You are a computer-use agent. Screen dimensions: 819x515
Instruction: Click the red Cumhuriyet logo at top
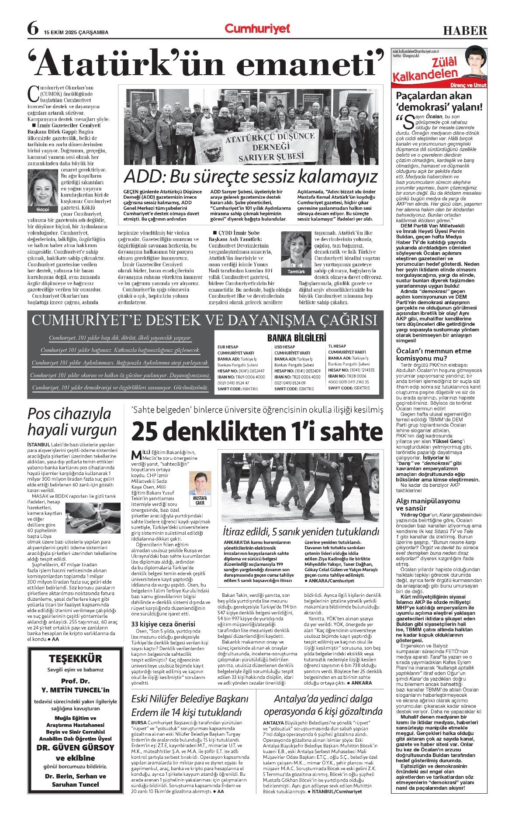pyautogui.click(x=257, y=29)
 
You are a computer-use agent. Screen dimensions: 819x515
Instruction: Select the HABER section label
pyautogui.click(x=465, y=31)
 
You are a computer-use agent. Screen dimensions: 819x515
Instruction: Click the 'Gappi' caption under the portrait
pyautogui.click(x=43, y=210)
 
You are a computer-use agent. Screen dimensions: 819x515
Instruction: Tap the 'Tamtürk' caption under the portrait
pyautogui.click(x=296, y=272)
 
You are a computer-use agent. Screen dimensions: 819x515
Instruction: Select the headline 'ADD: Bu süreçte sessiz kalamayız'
pyautogui.click(x=251, y=177)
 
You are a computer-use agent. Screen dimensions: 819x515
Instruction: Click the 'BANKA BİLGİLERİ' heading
pyautogui.click(x=297, y=337)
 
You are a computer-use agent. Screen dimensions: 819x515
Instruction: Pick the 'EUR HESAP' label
pyautogui.click(x=228, y=347)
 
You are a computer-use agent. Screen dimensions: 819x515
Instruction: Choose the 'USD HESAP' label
pyautogui.click(x=285, y=347)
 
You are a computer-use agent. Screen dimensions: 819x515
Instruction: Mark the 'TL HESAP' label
pyautogui.click(x=337, y=346)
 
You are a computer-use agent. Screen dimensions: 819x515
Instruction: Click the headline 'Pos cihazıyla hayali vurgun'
pyautogui.click(x=72, y=422)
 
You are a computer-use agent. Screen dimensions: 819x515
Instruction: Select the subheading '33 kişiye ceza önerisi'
pyautogui.click(x=163, y=624)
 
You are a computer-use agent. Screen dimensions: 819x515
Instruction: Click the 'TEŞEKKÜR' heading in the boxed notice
pyautogui.click(x=75, y=658)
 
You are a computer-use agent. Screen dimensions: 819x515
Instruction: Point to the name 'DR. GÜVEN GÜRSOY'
pyautogui.click(x=76, y=747)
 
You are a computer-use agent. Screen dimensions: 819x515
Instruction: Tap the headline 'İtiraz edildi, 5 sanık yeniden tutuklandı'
pyautogui.click(x=301, y=532)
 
